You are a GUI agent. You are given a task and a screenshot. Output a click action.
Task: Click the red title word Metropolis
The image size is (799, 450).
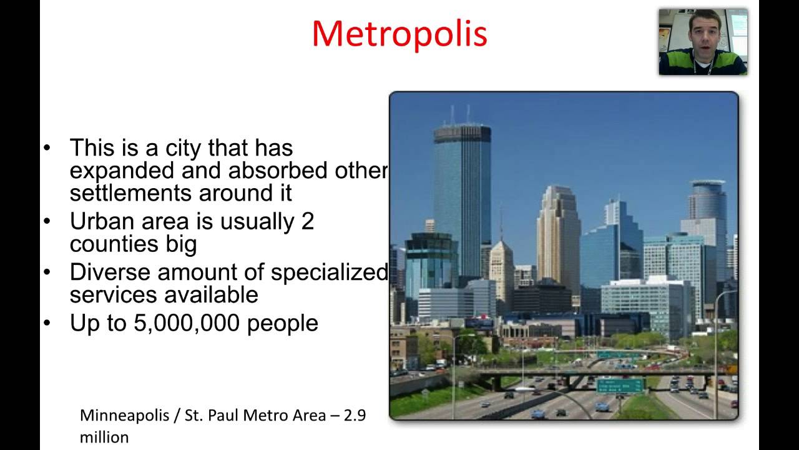click(399, 34)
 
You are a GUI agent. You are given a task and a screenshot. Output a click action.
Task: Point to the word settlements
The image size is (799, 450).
click(130, 193)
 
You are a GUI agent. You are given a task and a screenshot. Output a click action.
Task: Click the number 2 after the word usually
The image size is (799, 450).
click(307, 221)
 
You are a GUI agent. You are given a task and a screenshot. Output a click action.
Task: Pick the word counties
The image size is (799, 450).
click(114, 244)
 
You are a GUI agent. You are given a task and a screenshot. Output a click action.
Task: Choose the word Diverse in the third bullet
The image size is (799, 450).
click(110, 272)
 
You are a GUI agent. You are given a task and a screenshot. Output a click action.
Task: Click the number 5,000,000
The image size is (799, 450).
click(186, 324)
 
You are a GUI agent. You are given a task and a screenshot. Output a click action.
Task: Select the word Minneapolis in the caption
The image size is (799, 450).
click(124, 416)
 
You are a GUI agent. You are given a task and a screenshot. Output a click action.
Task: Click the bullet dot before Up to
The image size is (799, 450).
click(47, 323)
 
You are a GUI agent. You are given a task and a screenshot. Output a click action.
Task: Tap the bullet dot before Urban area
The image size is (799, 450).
click(47, 221)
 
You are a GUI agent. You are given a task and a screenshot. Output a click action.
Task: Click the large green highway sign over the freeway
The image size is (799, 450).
click(620, 386)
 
